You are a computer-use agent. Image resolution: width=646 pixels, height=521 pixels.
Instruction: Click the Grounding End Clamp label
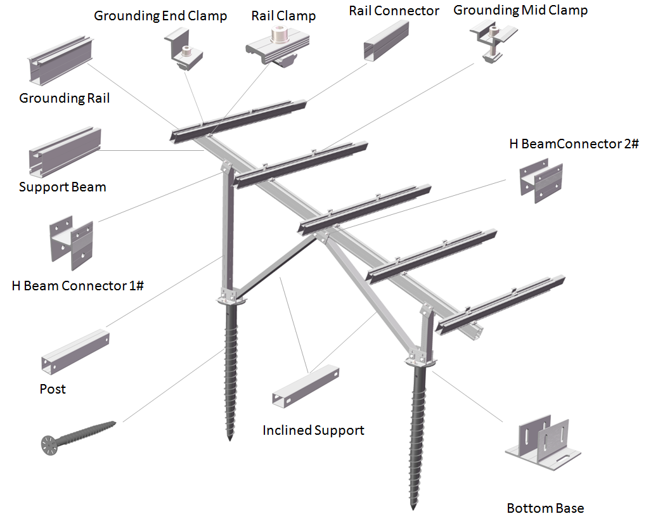click(x=160, y=16)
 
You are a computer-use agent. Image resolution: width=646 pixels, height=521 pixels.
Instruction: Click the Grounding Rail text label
click(x=64, y=98)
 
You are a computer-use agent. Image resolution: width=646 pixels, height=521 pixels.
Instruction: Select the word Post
click(x=53, y=389)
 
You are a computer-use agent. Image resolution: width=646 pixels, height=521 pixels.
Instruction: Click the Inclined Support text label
click(x=313, y=430)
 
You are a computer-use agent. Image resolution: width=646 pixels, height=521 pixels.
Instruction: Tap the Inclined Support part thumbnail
click(x=306, y=387)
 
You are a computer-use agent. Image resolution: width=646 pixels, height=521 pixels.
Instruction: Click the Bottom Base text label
click(x=545, y=508)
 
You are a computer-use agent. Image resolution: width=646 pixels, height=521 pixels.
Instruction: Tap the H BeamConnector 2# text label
click(x=574, y=144)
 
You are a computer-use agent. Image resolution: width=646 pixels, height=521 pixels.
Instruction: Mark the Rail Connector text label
click(x=394, y=11)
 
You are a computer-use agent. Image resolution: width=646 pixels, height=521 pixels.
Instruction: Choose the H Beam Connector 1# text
click(x=77, y=285)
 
